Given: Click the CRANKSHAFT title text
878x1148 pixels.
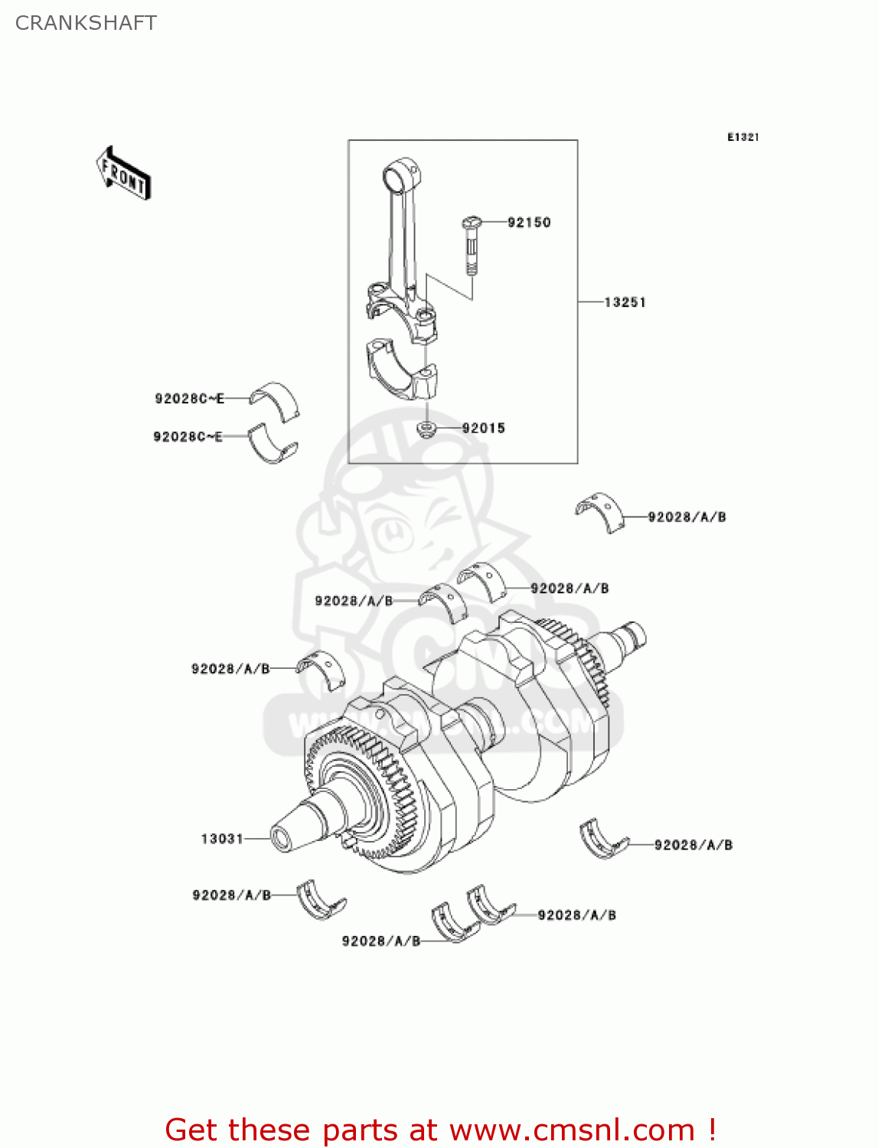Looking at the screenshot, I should (86, 23).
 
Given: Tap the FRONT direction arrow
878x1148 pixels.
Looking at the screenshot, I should (122, 174).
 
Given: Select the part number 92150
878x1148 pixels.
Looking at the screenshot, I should (529, 223).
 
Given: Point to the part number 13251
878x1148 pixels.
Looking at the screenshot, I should (625, 302).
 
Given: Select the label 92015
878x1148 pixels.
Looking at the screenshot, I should (483, 429).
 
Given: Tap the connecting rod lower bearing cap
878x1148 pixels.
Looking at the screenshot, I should (402, 369).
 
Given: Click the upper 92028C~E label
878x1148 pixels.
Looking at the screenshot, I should (189, 399).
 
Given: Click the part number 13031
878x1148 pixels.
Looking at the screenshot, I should (222, 839).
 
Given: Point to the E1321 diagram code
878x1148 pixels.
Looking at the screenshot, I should (743, 137).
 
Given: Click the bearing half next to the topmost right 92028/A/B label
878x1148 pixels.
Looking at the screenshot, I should (600, 511).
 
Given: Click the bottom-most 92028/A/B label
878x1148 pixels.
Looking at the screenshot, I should (380, 941).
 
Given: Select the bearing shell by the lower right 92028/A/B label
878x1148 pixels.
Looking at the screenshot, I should (603, 840).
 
